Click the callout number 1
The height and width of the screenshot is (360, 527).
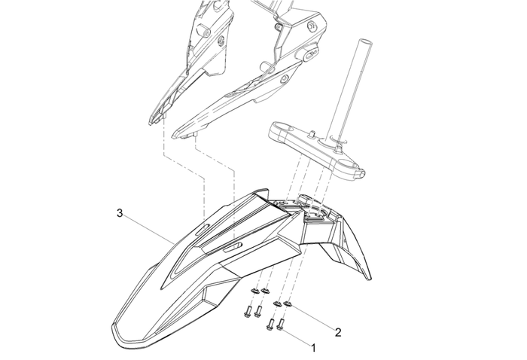point(315,348)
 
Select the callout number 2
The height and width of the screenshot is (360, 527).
point(338,331)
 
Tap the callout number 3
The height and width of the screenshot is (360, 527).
point(120,213)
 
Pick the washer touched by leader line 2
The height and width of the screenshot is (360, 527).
point(288,305)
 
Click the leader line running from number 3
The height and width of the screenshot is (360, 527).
point(147,226)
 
